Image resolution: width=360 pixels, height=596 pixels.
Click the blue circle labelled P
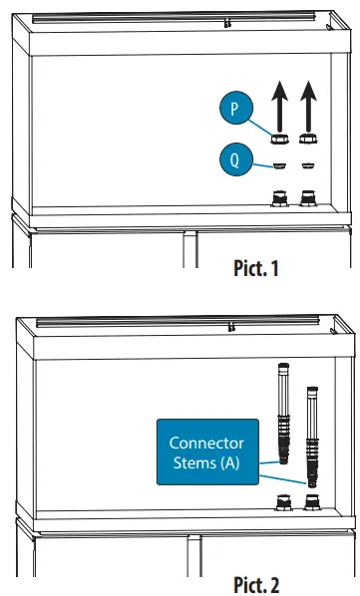[x=235, y=109]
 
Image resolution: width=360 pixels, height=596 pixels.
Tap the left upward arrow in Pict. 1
[x=280, y=106]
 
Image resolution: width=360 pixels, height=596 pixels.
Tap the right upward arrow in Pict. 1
[x=309, y=106]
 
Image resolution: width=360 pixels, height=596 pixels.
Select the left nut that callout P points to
[x=280, y=141]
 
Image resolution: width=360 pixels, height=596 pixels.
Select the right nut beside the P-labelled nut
[x=309, y=141]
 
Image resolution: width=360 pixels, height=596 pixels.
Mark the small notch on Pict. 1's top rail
[x=229, y=20]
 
